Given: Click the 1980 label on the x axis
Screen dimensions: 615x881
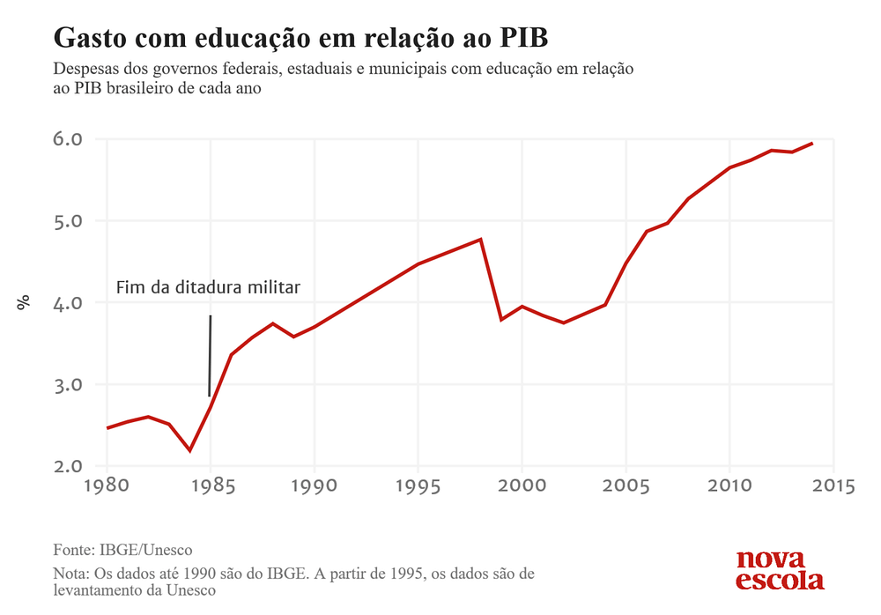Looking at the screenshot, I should (107, 487).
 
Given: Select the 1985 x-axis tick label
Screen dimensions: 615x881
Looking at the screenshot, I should (211, 487).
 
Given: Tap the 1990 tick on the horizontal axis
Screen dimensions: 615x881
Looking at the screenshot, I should (315, 487).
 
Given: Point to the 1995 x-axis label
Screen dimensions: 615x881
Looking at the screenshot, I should (418, 487).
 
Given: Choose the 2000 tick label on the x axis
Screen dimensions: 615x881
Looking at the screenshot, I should (522, 487).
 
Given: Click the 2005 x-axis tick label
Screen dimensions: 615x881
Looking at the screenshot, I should (626, 487).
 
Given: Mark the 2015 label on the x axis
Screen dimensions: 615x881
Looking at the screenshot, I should (833, 487).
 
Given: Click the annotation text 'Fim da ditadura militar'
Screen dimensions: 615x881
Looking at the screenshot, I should (209, 288).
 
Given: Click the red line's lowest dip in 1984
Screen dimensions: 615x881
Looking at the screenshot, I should (190, 450).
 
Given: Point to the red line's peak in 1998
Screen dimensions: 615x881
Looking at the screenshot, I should (481, 240).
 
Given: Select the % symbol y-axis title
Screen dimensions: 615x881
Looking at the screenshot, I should (24, 302).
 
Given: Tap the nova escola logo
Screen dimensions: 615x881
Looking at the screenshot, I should (780, 570).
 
